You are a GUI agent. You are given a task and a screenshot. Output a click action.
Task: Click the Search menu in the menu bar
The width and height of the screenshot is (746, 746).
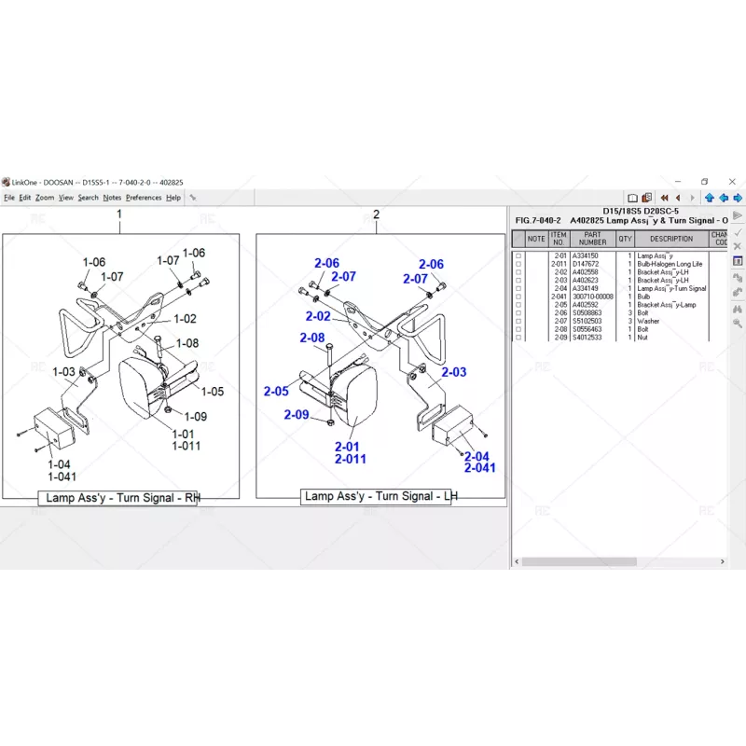[x=89, y=198]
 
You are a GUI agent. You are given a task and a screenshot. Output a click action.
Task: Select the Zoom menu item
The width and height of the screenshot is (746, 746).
[x=45, y=198]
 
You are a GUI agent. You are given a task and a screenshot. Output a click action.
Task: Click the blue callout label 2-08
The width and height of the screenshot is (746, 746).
[x=312, y=338]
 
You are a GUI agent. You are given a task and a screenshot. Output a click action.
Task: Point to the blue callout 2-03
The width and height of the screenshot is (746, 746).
[x=454, y=372]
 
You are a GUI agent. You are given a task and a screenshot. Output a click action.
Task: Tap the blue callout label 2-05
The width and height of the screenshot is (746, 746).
[x=276, y=392]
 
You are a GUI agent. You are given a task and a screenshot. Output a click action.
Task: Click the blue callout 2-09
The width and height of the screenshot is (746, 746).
[x=297, y=415]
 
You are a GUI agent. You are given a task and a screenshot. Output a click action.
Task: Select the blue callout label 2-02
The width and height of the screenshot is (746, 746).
[x=318, y=317]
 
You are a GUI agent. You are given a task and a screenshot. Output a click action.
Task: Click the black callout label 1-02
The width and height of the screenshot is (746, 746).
[x=185, y=319]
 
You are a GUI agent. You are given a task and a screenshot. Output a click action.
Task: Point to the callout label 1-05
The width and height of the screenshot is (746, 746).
[x=213, y=392]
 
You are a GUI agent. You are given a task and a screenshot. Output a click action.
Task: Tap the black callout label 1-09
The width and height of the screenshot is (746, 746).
[x=196, y=417]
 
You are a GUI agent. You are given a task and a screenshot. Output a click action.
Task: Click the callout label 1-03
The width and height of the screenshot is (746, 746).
[x=64, y=372]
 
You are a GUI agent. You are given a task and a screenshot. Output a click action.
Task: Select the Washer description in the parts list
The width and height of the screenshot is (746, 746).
[x=648, y=322]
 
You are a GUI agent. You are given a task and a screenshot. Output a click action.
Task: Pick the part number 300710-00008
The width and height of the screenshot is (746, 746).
[x=593, y=297]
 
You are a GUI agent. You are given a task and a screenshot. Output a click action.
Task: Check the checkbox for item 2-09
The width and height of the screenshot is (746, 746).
[x=518, y=338]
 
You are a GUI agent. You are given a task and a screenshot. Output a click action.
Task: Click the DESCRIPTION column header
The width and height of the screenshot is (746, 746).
[x=671, y=239]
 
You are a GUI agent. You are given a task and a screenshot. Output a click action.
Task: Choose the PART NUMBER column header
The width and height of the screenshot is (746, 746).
[x=593, y=239]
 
